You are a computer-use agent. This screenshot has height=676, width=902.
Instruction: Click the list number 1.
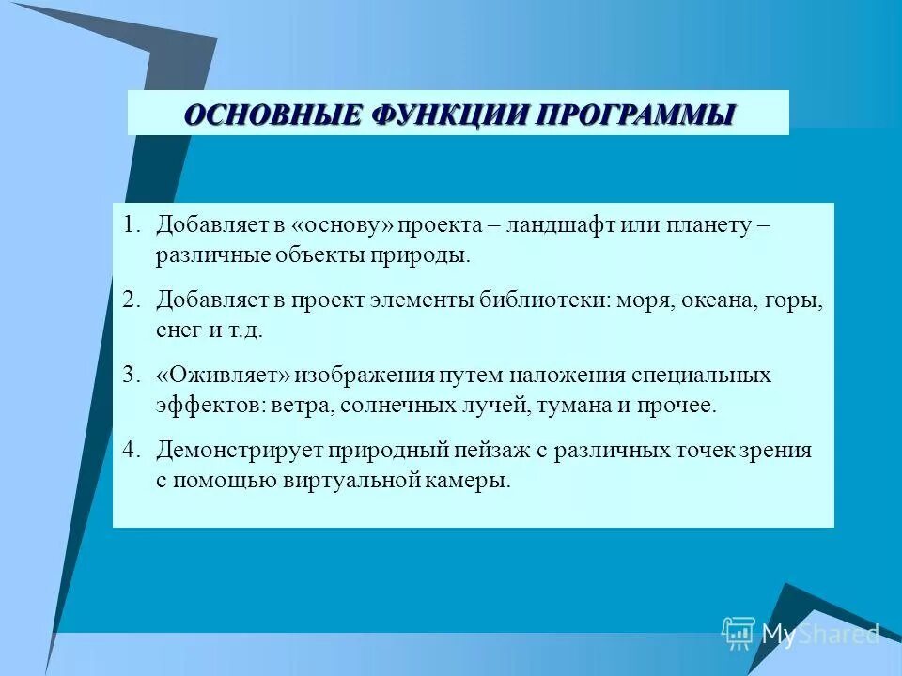tap(131, 226)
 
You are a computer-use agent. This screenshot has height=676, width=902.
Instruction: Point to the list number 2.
tap(131, 300)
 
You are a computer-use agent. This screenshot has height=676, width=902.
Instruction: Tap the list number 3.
tap(131, 376)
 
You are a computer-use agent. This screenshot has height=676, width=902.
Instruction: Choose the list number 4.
tap(131, 451)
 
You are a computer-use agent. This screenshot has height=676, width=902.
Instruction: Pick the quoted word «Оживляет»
tap(223, 376)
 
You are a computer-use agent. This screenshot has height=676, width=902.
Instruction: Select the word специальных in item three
tap(702, 376)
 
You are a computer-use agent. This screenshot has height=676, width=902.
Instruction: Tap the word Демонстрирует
tap(240, 451)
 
